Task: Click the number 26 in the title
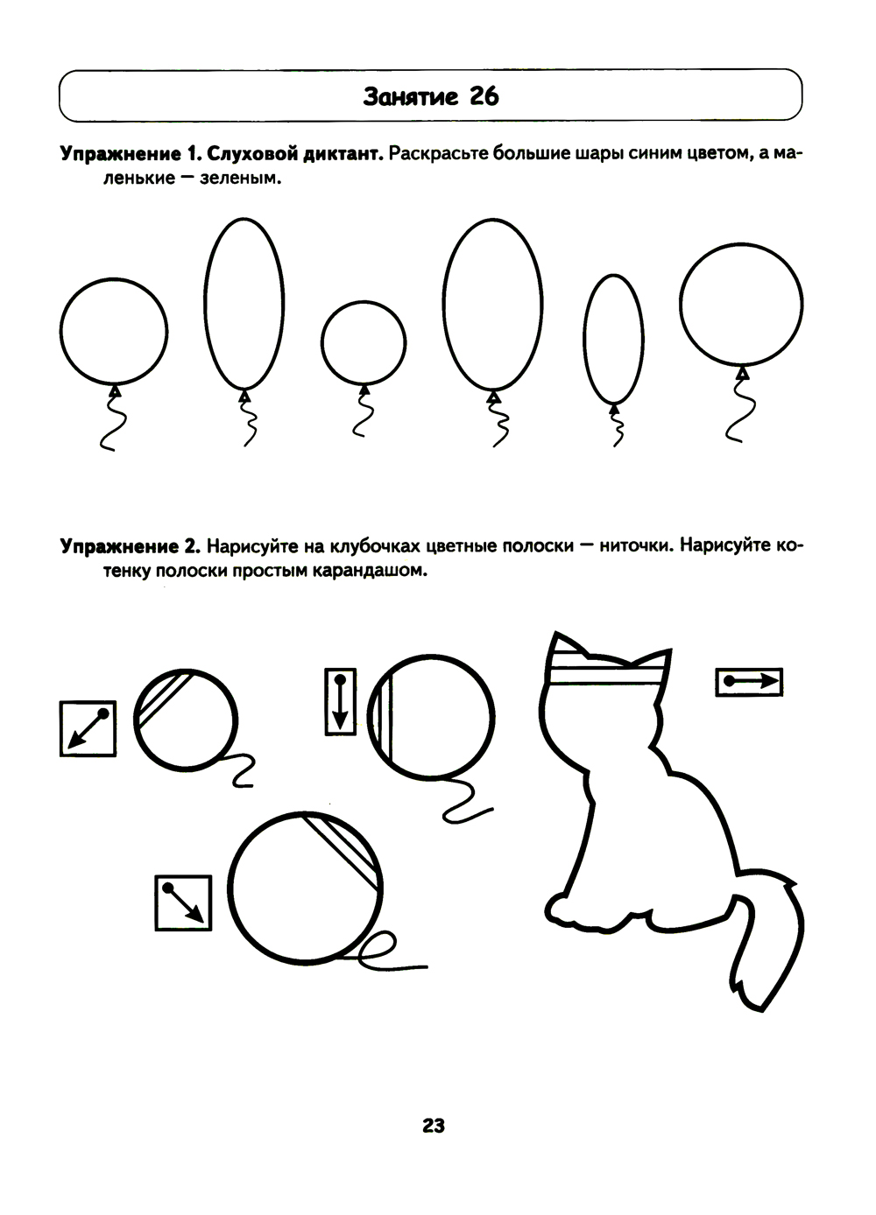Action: (484, 96)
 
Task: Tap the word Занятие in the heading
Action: (410, 97)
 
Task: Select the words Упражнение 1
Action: (131, 155)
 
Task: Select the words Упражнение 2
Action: (131, 546)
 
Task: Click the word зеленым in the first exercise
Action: (240, 178)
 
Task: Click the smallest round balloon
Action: (363, 343)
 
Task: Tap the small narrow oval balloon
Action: (613, 339)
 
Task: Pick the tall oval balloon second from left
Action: (244, 304)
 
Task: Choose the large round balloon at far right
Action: (741, 305)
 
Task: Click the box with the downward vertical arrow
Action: (340, 702)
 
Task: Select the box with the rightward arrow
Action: (749, 682)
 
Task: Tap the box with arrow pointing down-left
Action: (88, 728)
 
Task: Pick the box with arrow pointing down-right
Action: (183, 903)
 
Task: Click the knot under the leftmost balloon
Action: (114, 390)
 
